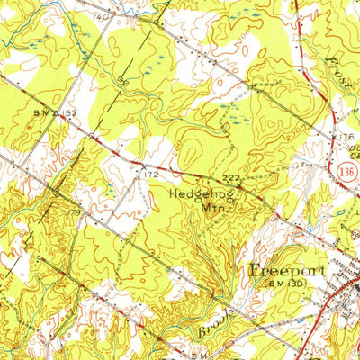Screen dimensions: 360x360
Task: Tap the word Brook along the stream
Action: pyautogui.click(x=217, y=322)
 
